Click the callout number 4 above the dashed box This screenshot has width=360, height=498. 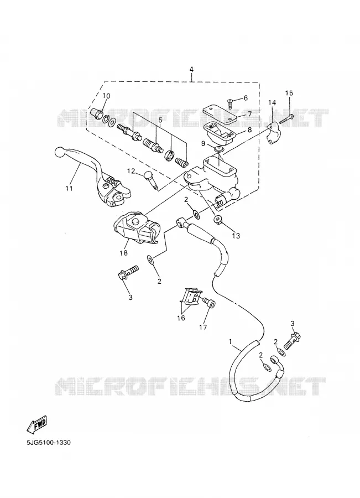pos(191,69)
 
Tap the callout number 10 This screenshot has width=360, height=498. pos(106,96)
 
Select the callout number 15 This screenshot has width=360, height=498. pos(289,93)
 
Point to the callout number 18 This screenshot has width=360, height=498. pos(123,253)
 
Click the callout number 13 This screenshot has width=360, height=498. pos(236,236)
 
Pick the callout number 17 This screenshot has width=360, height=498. pos(203,327)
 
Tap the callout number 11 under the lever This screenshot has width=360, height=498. pos(69,188)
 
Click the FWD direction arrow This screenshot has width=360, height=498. pos(38,424)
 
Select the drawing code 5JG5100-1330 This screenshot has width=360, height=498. pos(49,443)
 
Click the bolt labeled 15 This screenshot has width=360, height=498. pos(286,120)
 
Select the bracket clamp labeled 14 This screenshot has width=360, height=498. pos(273,133)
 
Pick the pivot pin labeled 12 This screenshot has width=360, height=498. pos(151,180)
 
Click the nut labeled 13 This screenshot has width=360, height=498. pos(218,219)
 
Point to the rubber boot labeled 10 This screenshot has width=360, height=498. pos(96,113)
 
